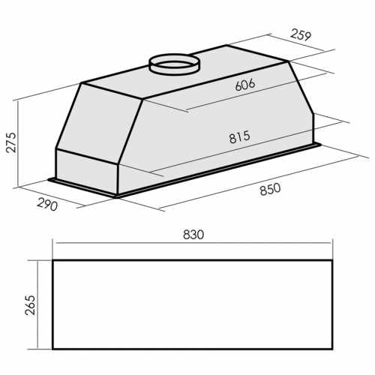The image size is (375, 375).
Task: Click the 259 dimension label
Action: [301, 35]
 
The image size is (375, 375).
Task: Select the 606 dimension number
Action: [245, 85]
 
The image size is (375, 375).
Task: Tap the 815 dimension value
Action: [239, 137]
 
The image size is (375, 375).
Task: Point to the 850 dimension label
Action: [270, 189]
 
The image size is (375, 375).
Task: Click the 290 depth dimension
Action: [47, 204]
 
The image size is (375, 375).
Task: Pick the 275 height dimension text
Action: [11, 142]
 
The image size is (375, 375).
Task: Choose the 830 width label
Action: [193, 235]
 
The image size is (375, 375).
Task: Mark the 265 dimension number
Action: [30, 305]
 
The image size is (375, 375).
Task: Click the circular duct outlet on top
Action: [174, 63]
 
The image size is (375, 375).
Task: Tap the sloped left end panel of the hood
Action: [100, 124]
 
